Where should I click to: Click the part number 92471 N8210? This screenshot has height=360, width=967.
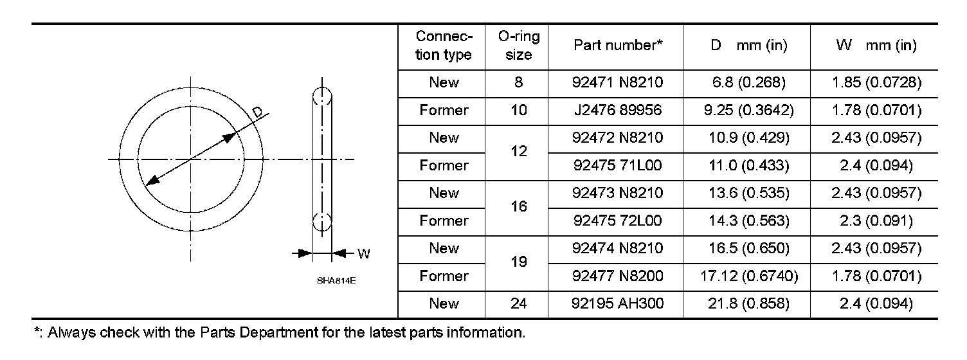point(617,83)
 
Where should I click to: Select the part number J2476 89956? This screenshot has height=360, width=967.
point(617,111)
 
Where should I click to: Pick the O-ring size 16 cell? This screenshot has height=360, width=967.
point(518,207)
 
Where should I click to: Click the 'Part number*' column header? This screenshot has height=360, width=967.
point(617,46)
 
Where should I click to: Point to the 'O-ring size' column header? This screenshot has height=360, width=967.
point(518,46)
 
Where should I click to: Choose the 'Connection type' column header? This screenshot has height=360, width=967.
point(444,46)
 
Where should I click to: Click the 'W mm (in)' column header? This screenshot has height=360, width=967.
point(876,46)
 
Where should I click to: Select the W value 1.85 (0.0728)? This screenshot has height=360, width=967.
point(876,83)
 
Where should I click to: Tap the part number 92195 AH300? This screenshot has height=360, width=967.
point(617,303)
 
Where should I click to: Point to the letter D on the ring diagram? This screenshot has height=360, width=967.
point(258,113)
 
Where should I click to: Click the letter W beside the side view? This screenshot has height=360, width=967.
point(363,253)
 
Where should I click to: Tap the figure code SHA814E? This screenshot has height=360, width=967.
point(336,281)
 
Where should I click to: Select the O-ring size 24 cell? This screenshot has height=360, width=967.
point(518,303)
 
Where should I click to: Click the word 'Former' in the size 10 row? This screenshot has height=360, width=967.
point(444,111)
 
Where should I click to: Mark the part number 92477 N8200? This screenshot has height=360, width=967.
point(617,276)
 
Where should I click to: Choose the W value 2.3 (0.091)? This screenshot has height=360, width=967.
point(876,221)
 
